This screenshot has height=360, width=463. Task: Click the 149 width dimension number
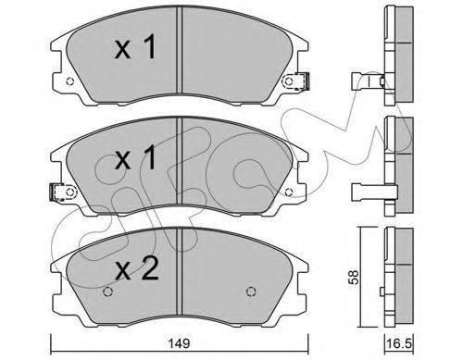click(180, 343)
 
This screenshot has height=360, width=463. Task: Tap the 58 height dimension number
click(354, 277)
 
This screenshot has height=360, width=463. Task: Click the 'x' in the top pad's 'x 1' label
click(123, 50)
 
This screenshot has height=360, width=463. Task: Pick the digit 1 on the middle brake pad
click(149, 157)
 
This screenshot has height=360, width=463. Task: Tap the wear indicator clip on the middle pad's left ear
click(57, 192)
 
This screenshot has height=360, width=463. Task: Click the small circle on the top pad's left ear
click(70, 81)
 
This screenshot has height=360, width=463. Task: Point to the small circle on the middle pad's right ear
click(288, 192)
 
